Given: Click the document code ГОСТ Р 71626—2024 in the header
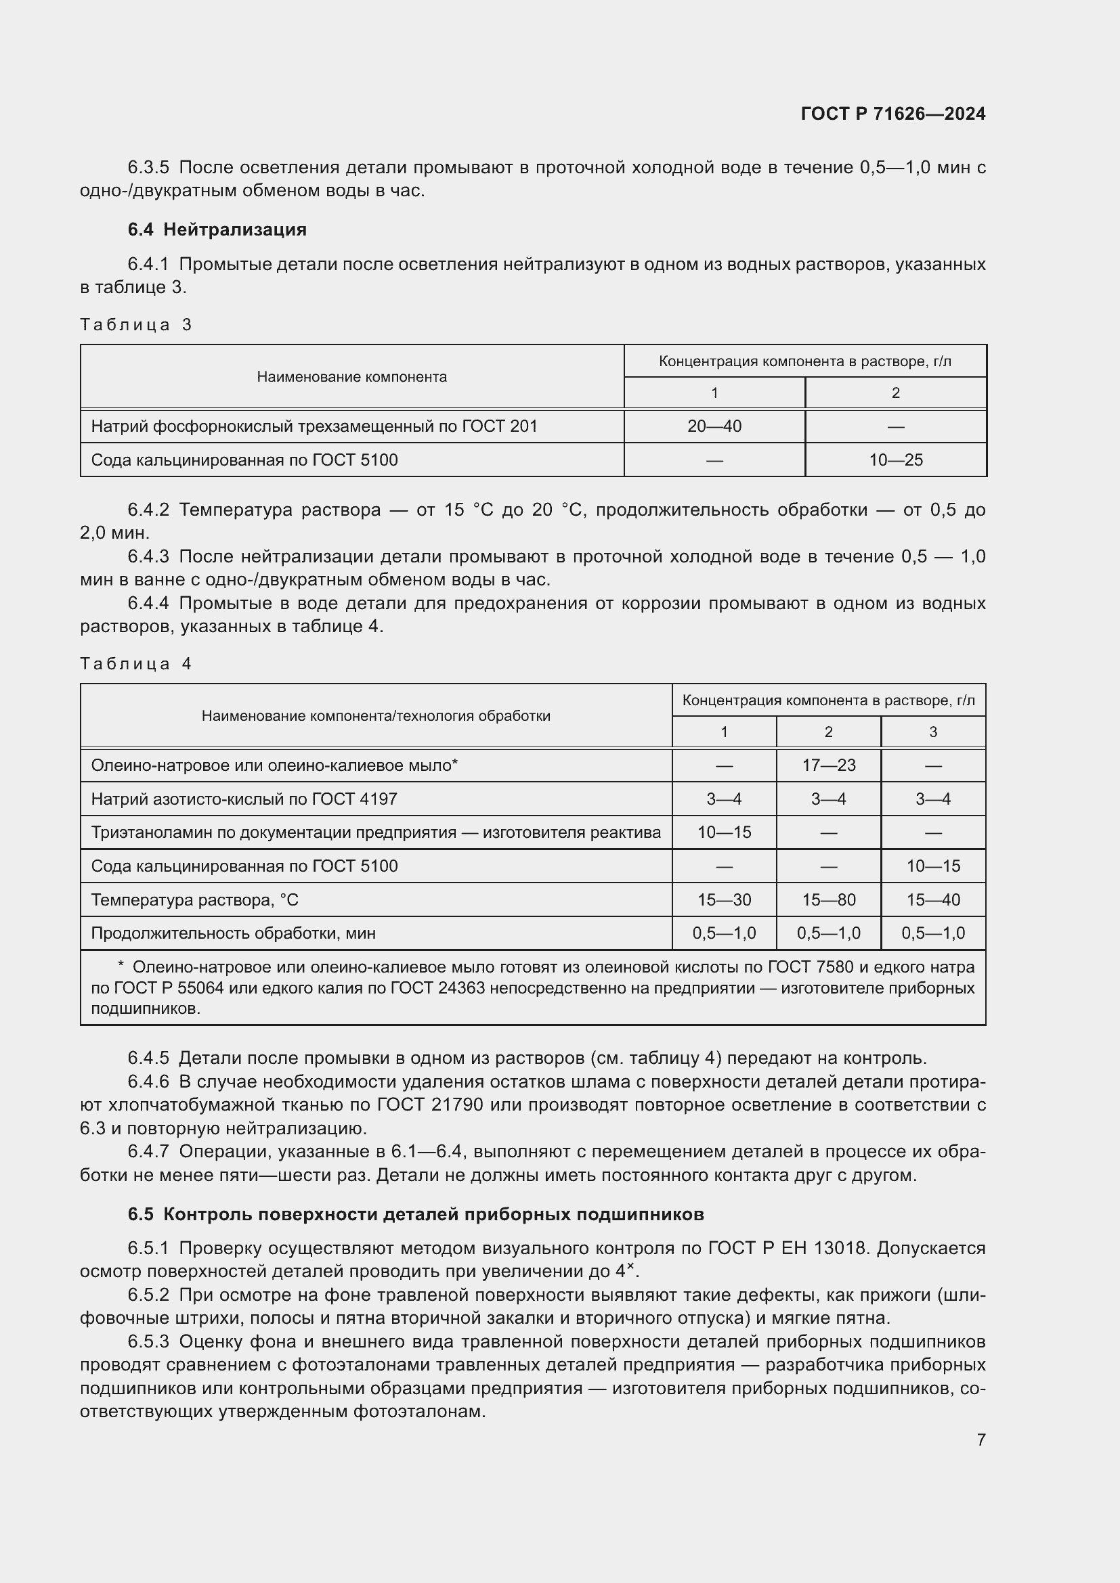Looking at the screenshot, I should [892, 114].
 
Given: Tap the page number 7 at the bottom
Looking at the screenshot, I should [981, 1440].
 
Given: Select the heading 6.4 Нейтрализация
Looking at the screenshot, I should [217, 229].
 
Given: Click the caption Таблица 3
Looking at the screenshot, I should [136, 325].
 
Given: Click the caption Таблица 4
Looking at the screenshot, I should [136, 664].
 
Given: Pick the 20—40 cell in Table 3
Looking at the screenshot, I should [714, 426].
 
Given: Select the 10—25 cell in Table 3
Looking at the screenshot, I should [895, 460].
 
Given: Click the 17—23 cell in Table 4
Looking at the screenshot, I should [828, 765].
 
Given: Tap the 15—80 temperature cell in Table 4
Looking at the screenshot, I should [828, 899].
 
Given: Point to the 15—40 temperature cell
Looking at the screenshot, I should [932, 899].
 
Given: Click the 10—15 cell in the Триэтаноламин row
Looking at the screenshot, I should [723, 832].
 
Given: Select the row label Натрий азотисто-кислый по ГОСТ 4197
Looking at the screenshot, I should [244, 799].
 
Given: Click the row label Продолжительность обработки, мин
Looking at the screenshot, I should [233, 933].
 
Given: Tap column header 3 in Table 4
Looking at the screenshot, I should [932, 732].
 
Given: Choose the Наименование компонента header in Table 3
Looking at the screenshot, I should [351, 377].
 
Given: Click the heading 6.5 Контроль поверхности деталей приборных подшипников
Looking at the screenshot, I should [415, 1214].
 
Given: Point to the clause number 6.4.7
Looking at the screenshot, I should [148, 1151].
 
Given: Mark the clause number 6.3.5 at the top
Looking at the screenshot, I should [148, 168].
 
